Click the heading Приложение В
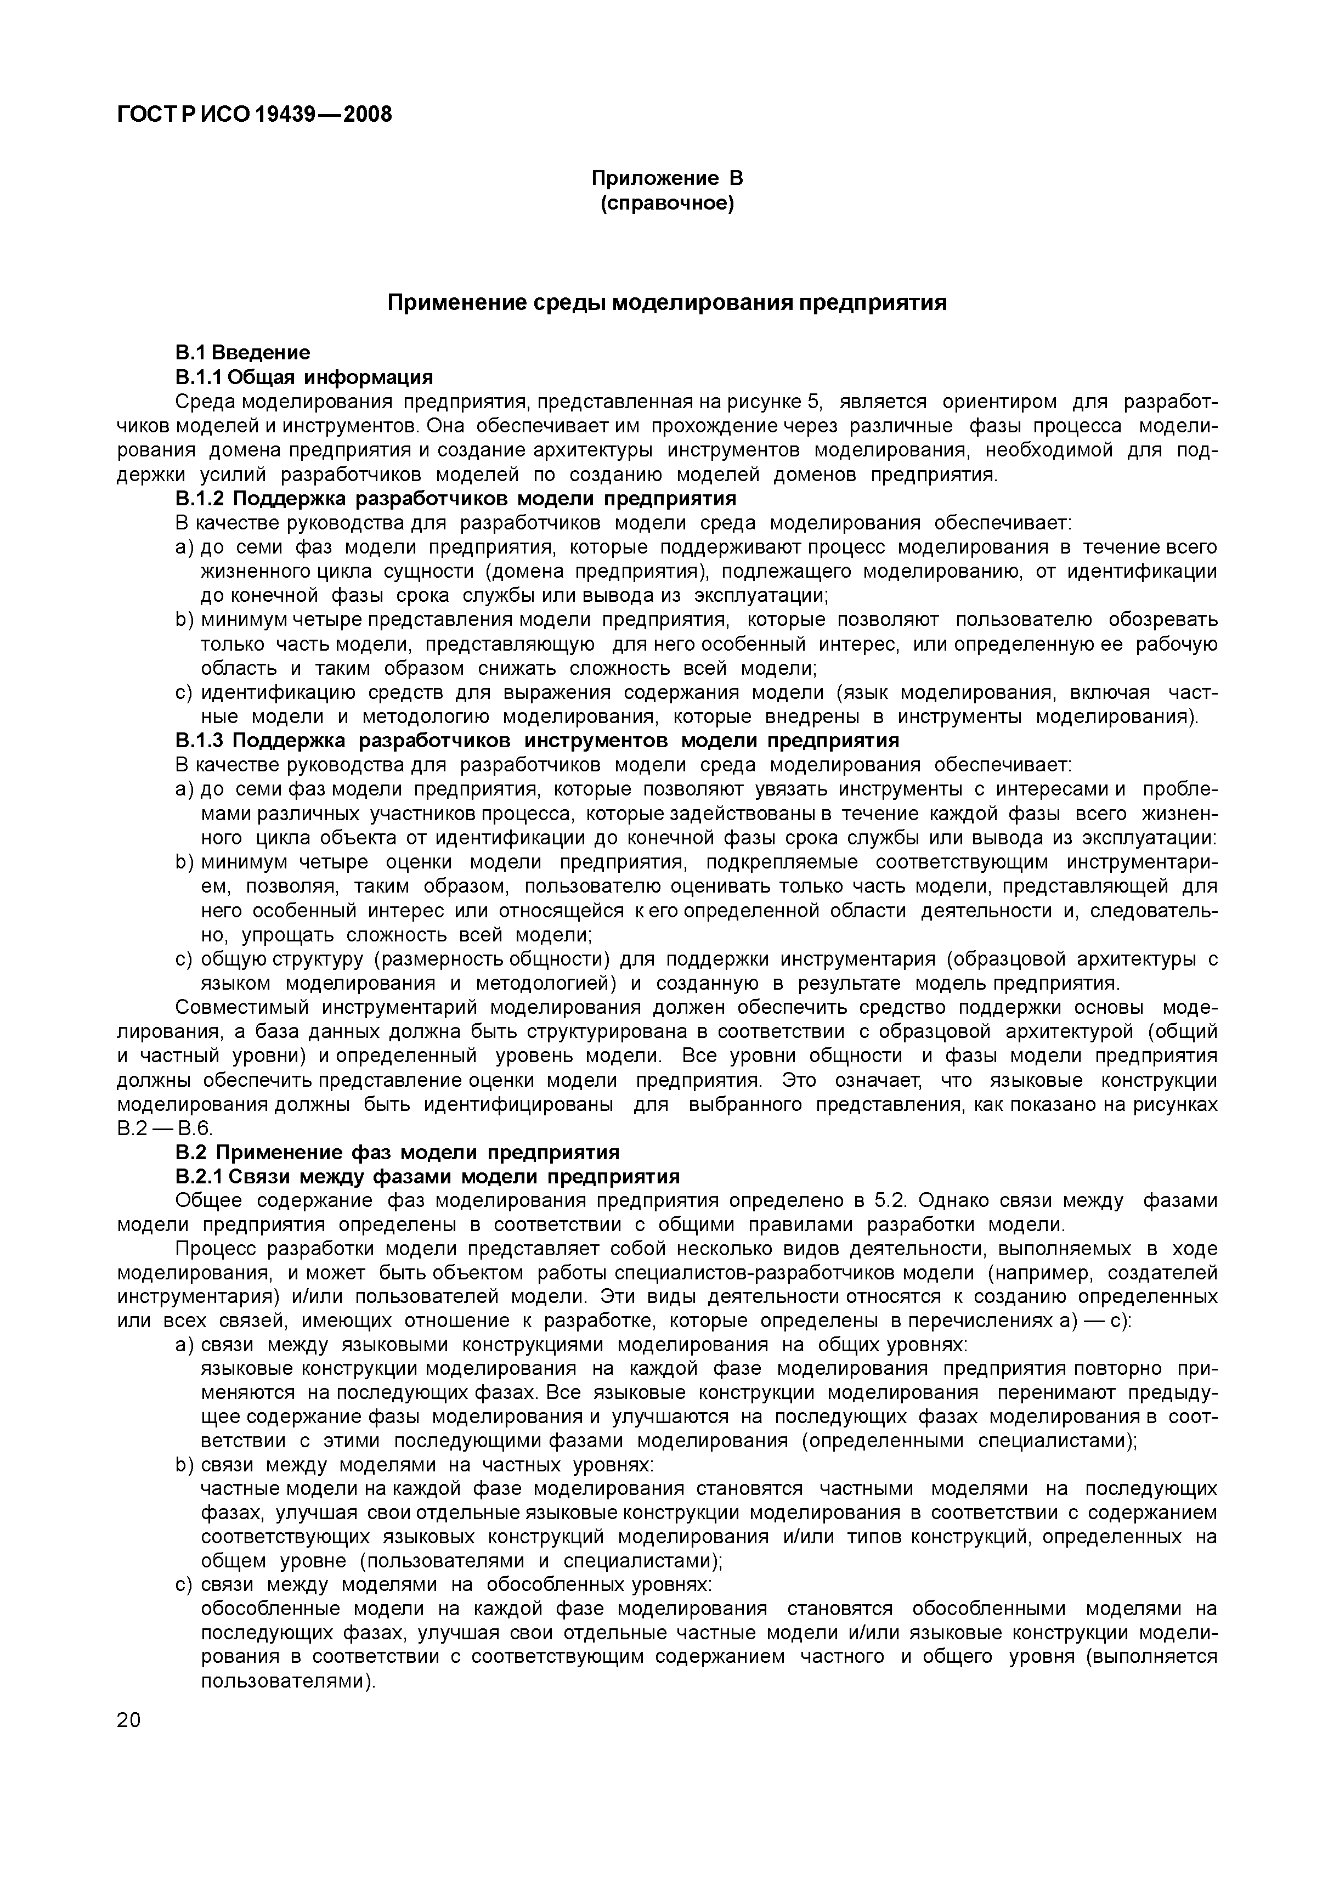click(x=667, y=178)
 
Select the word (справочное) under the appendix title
click(x=667, y=203)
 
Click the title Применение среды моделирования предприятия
click(x=667, y=303)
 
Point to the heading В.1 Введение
click(x=243, y=353)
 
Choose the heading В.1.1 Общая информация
click(x=303, y=377)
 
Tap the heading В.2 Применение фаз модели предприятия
click(x=398, y=1152)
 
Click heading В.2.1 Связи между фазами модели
click(x=428, y=1177)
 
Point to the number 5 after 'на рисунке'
click(x=812, y=402)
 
